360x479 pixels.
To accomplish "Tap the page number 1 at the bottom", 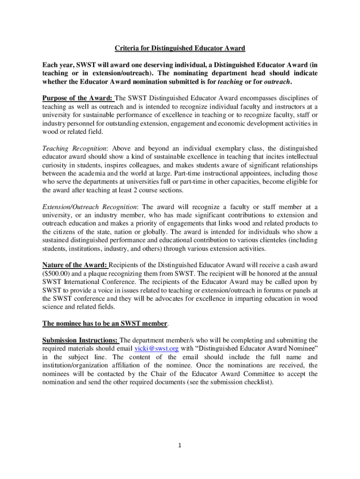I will [x=180, y=445].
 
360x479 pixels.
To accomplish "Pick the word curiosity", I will [x=56, y=165].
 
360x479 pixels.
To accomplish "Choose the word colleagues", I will [x=158, y=165].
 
